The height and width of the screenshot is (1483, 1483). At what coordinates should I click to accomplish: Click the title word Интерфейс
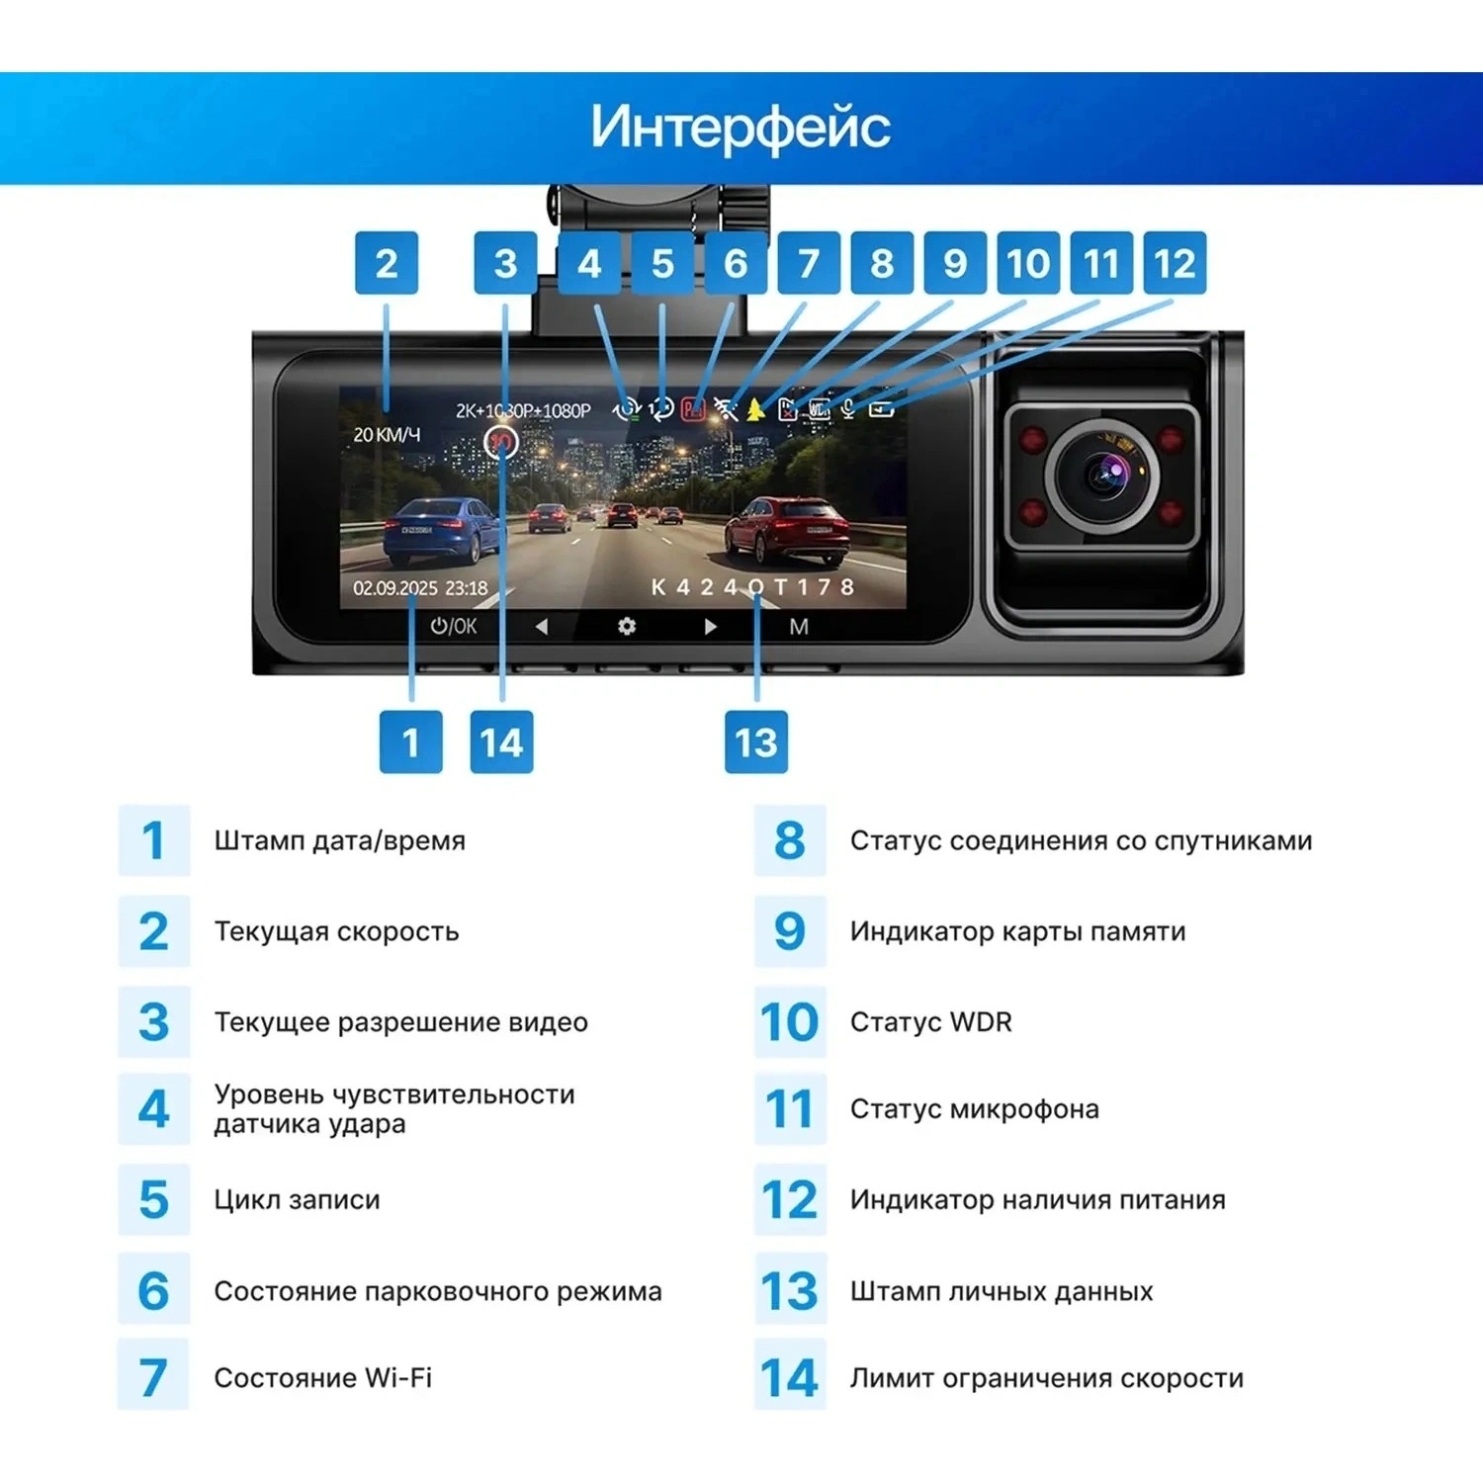(741, 127)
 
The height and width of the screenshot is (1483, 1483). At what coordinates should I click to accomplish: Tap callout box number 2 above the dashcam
(387, 263)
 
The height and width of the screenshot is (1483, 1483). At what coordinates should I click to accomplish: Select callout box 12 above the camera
(1175, 263)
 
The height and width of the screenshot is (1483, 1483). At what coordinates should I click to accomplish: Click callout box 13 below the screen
(756, 741)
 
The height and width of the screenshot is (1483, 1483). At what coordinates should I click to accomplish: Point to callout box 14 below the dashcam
(501, 741)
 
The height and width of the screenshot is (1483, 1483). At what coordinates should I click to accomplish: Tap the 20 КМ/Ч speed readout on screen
(387, 434)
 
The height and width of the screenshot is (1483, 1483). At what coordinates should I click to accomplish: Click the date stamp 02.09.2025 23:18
(420, 588)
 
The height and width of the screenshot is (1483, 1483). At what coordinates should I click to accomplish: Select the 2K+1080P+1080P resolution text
(523, 410)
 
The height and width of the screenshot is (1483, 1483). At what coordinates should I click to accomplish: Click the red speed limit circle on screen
(502, 441)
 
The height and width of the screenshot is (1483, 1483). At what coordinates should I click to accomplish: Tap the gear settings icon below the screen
(627, 626)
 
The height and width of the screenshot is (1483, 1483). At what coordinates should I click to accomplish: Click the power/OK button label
(454, 626)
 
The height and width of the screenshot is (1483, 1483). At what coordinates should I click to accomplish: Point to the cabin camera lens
(1102, 476)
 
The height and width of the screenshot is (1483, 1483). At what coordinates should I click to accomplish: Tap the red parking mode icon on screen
(693, 408)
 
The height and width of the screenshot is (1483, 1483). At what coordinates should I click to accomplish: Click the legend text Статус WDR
(931, 1021)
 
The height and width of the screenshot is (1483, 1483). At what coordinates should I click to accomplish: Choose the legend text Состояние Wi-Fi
(323, 1377)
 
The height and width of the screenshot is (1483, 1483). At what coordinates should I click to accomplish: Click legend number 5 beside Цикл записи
(153, 1199)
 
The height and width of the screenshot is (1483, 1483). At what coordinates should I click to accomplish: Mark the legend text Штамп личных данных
(1002, 1291)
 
